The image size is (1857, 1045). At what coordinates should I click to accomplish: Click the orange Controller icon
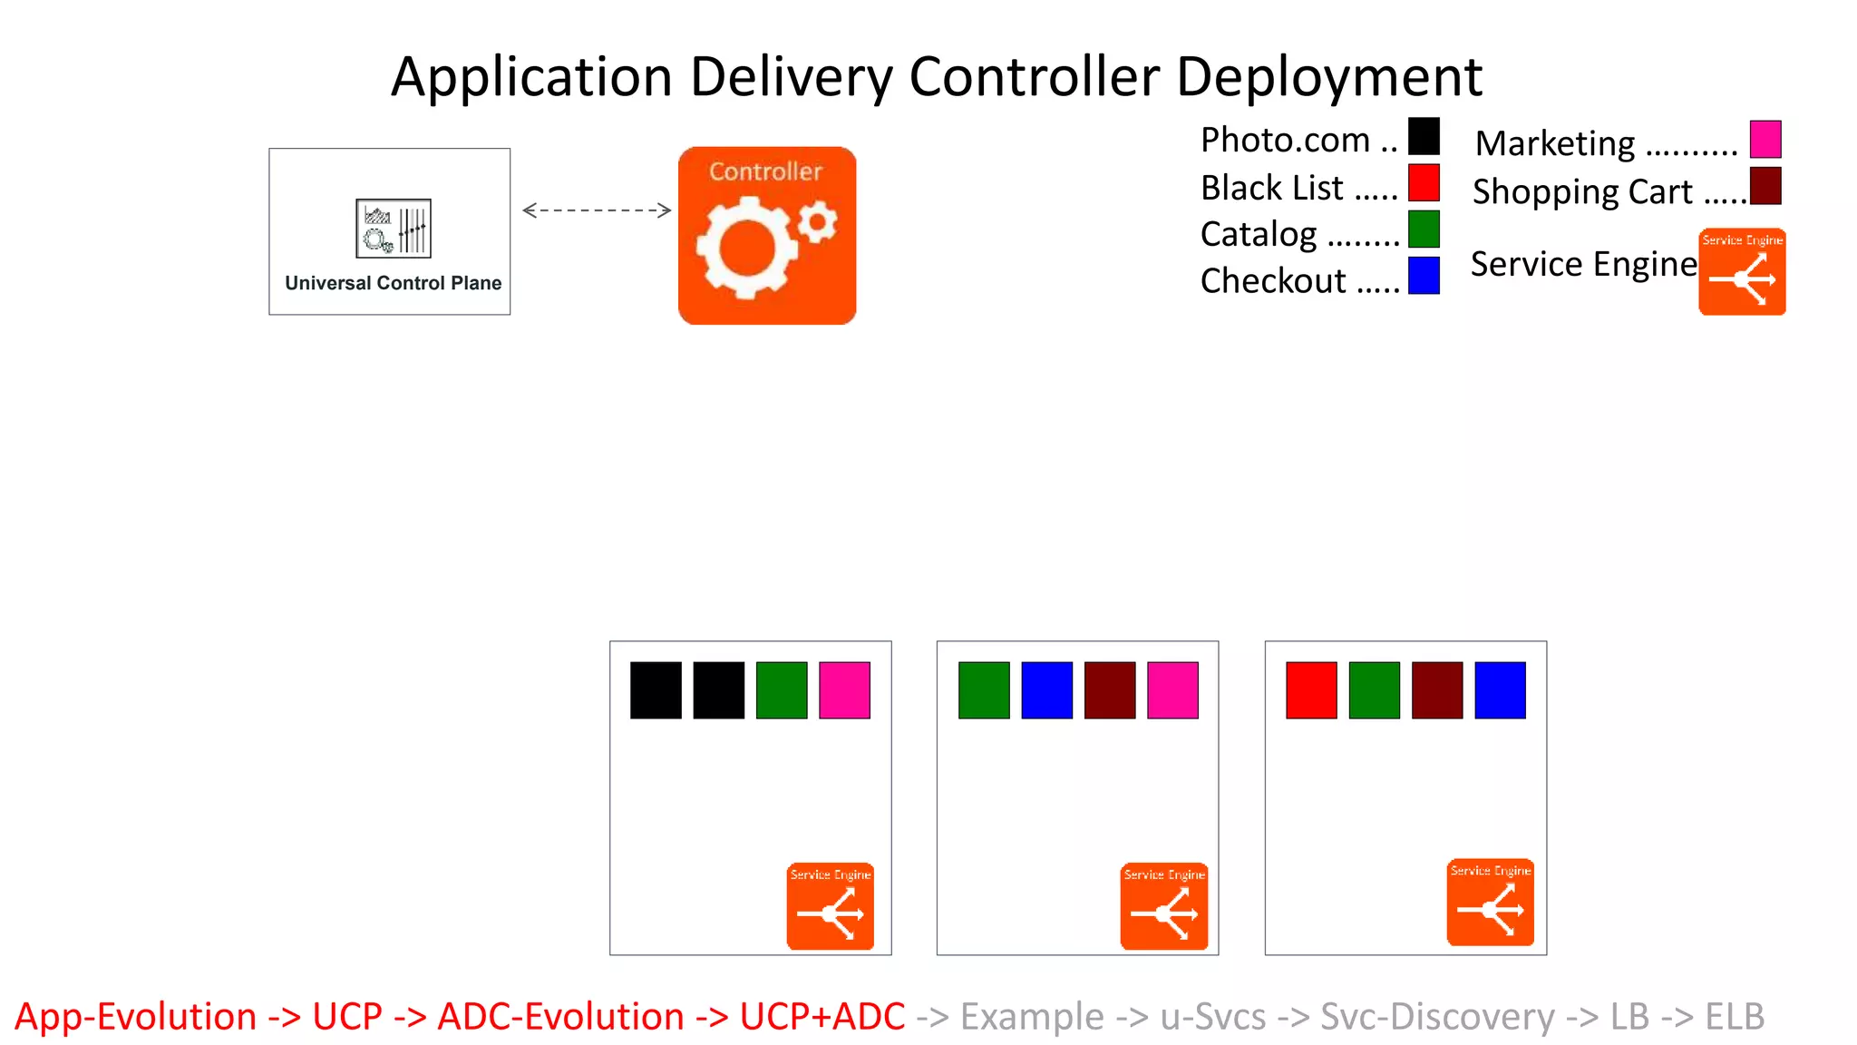[767, 236]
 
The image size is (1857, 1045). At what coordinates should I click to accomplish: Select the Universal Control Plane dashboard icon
[394, 229]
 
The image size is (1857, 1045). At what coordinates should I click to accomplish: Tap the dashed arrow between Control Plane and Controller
[597, 210]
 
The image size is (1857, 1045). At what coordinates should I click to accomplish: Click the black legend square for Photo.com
[1424, 137]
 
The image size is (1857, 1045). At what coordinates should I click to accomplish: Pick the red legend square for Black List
[1424, 183]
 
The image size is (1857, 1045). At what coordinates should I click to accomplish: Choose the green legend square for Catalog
[1424, 230]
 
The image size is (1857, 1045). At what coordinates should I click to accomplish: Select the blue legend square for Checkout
[1424, 276]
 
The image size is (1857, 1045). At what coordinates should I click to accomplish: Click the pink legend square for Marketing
[1765, 140]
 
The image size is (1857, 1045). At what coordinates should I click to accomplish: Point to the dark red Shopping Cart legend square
[1765, 186]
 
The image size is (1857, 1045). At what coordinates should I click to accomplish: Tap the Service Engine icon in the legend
[1742, 272]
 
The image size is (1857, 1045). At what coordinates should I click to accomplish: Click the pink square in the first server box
[844, 690]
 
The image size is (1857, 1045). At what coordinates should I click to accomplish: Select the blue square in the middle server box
[1046, 690]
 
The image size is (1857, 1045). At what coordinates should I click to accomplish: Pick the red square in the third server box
[1311, 690]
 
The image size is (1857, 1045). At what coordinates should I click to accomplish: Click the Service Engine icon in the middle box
[1164, 906]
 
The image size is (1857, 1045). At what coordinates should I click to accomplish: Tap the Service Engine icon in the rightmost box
[1491, 903]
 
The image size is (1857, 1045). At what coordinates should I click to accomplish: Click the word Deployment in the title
[1328, 76]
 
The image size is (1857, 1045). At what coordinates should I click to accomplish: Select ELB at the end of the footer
[1734, 1017]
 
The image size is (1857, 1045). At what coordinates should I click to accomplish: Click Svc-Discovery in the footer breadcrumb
[1437, 1017]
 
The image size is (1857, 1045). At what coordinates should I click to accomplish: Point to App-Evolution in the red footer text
[136, 1017]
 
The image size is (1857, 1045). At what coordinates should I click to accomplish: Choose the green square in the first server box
[782, 690]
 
